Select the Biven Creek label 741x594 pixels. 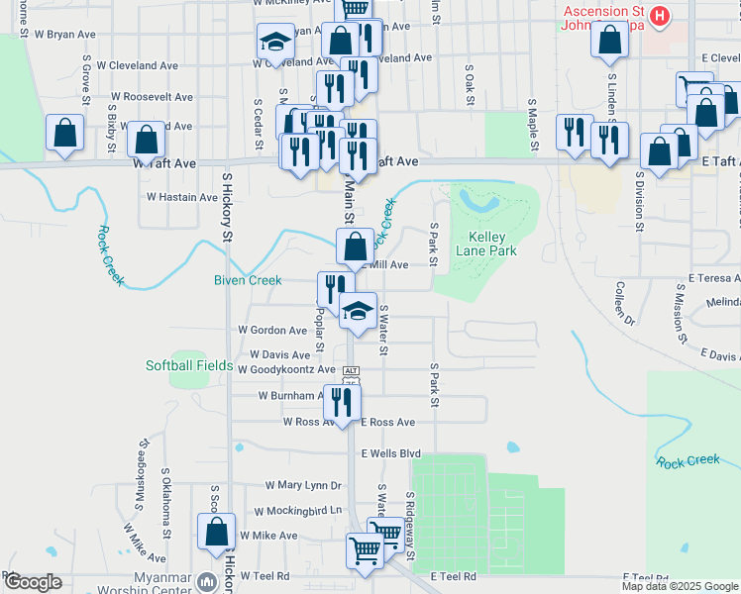[x=249, y=280]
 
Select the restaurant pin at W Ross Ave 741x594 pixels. [x=343, y=403]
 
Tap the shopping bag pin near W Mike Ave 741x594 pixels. [x=216, y=533]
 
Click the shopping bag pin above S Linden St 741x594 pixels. [x=610, y=41]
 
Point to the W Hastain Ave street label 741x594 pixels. [x=181, y=197]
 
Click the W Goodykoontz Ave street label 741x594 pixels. [x=286, y=369]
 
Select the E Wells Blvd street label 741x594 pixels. [x=391, y=453]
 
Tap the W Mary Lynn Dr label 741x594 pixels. [x=303, y=486]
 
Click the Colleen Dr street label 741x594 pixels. [x=624, y=304]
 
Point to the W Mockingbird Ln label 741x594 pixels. [x=297, y=512]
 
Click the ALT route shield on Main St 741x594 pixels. [x=350, y=371]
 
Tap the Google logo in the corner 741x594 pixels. [x=32, y=582]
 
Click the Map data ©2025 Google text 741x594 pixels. [x=679, y=586]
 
